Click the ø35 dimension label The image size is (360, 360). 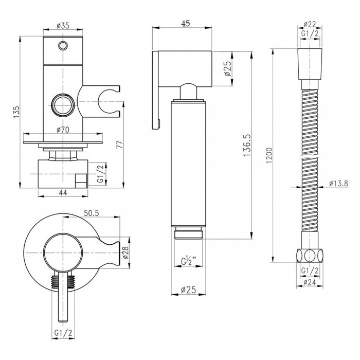63,26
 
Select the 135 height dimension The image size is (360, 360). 16,112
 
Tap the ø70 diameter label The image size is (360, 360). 63,130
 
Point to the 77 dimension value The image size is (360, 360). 120,145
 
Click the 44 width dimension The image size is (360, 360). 63,193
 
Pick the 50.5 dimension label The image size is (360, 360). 91,213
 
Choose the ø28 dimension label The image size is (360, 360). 125,253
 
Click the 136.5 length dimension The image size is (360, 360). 247,146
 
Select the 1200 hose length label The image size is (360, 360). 269,155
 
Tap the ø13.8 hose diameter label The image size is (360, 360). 338,184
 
